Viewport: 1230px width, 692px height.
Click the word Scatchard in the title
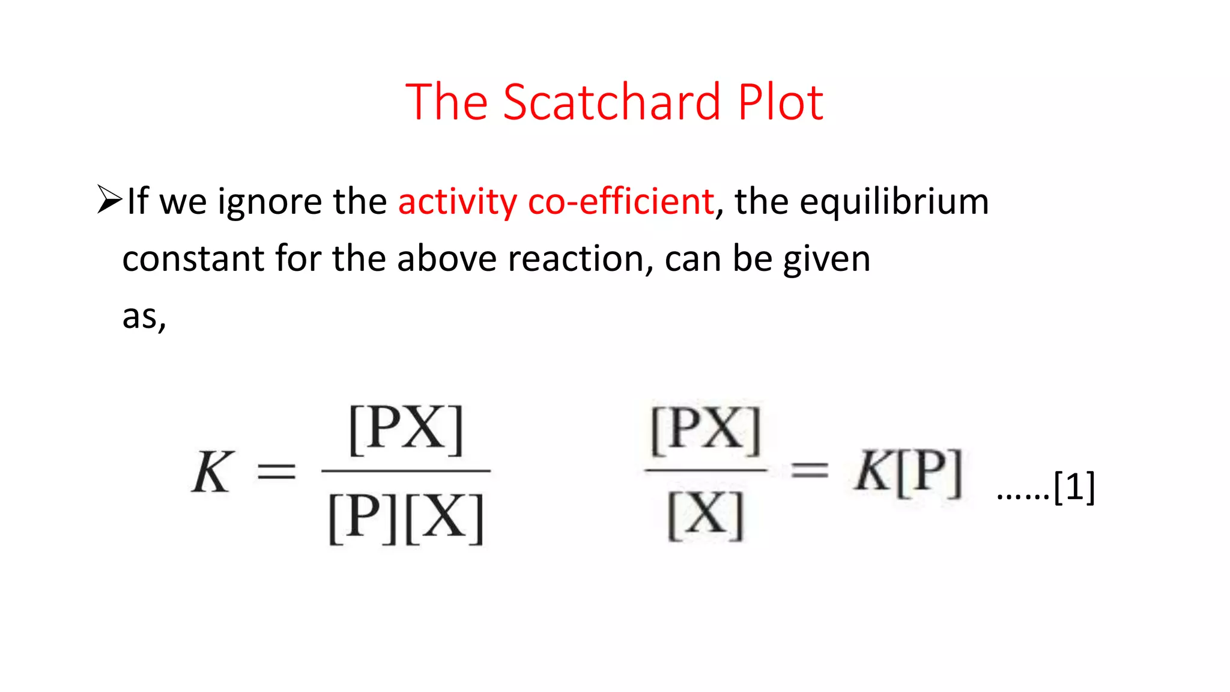[x=611, y=102]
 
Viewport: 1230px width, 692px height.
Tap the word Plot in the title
[x=780, y=102]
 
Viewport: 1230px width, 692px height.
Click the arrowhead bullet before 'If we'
[x=109, y=199]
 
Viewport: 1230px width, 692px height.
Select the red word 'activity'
[x=457, y=202]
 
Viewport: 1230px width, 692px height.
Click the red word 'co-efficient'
[x=621, y=201]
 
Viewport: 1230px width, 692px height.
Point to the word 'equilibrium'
[x=894, y=202]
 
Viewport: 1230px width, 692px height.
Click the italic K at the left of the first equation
[x=212, y=472]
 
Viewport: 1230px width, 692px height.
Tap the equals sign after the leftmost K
[x=276, y=472]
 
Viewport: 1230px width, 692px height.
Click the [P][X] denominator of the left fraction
[x=406, y=518]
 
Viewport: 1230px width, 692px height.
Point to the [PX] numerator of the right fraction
[x=706, y=430]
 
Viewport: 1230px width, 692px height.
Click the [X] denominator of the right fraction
[x=706, y=515]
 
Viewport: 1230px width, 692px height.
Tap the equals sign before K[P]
[x=810, y=470]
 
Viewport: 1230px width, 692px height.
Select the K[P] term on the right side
[x=908, y=472]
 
